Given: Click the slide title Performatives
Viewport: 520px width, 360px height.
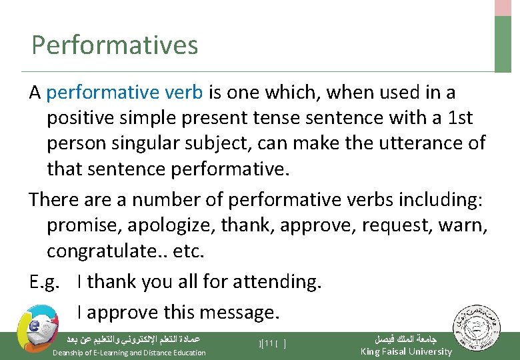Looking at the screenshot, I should click(115, 45).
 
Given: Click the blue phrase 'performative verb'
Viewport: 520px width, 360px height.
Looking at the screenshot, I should click(125, 93).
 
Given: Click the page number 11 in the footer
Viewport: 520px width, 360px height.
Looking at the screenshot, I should click(269, 343).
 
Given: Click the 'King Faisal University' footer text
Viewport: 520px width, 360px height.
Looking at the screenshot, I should click(405, 351).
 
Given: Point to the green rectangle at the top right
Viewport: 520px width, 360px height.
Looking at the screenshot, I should click(503, 44).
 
